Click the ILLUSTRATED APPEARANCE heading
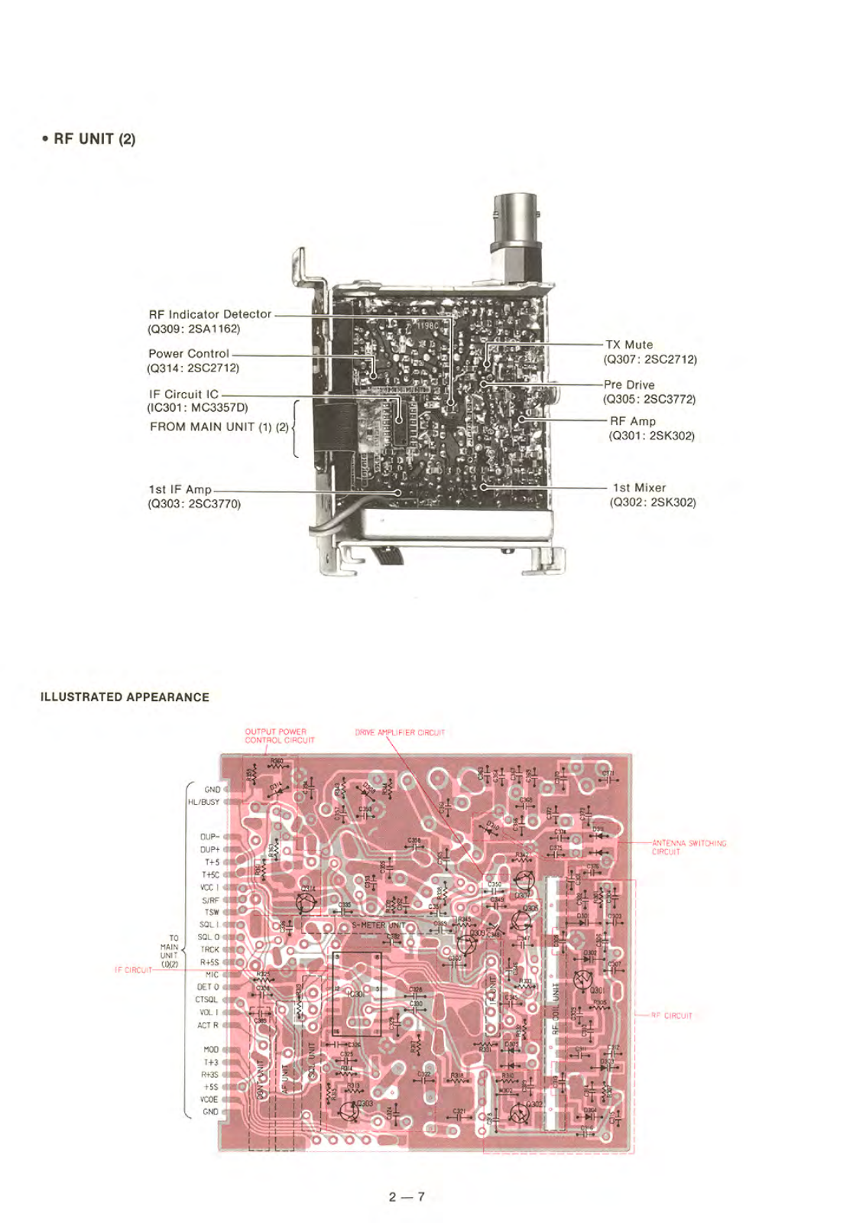coord(125,697)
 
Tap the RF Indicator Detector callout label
coord(209,314)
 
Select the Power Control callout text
coord(188,354)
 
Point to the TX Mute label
coord(629,345)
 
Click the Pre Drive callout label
coord(629,384)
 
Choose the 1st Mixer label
coord(639,488)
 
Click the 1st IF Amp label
coord(180,489)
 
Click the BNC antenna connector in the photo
coord(517,229)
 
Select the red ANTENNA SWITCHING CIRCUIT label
coord(689,848)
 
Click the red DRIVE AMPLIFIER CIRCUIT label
coord(400,732)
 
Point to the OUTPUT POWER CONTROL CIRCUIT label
coord(279,736)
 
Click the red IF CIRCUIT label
coord(133,970)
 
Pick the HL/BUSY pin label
coord(203,803)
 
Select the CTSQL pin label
coord(206,1000)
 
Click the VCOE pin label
coord(209,1099)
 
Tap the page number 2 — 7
coord(406,1196)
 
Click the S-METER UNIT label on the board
coord(379,926)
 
